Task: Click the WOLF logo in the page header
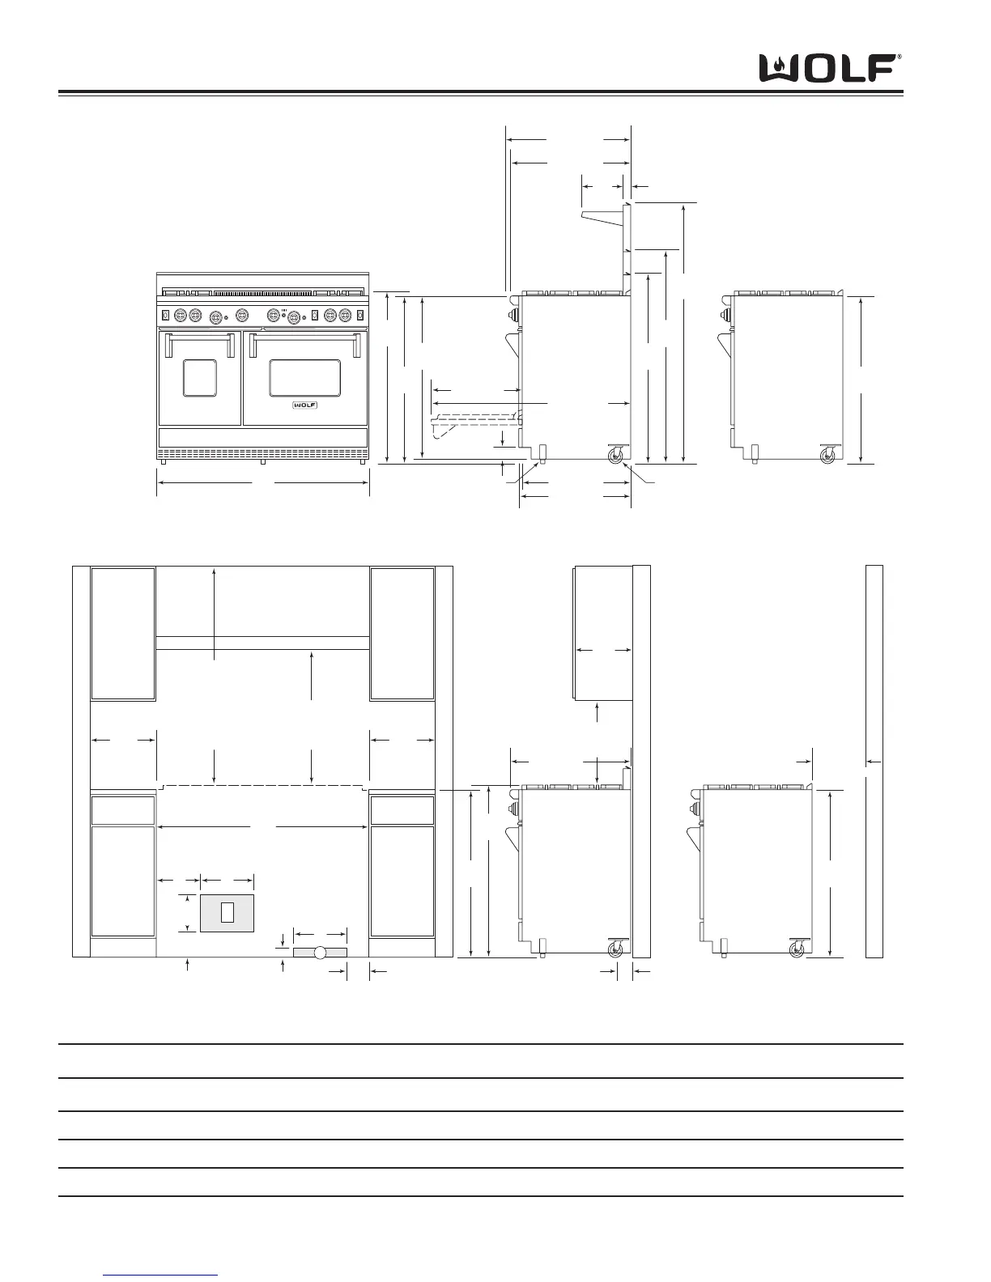pyautogui.click(x=830, y=69)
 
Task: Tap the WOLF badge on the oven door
pyautogui.click(x=305, y=405)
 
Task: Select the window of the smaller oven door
pyautogui.click(x=199, y=378)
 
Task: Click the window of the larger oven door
pyautogui.click(x=305, y=378)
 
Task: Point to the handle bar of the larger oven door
pyautogui.click(x=305, y=337)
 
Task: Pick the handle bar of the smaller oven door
pyautogui.click(x=199, y=337)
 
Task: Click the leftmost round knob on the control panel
pyautogui.click(x=181, y=315)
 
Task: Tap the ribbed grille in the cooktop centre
pyautogui.click(x=263, y=293)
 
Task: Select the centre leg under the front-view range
pyautogui.click(x=263, y=462)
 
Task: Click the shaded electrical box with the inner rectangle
pyautogui.click(x=227, y=913)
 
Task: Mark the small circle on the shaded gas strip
pyautogui.click(x=319, y=953)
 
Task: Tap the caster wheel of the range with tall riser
pyautogui.click(x=615, y=455)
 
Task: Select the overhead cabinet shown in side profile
pyautogui.click(x=603, y=633)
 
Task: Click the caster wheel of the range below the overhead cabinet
pyautogui.click(x=615, y=949)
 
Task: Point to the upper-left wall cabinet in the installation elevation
pyautogui.click(x=123, y=634)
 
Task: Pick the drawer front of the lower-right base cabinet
pyautogui.click(x=402, y=811)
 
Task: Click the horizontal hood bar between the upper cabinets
pyautogui.click(x=262, y=643)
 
